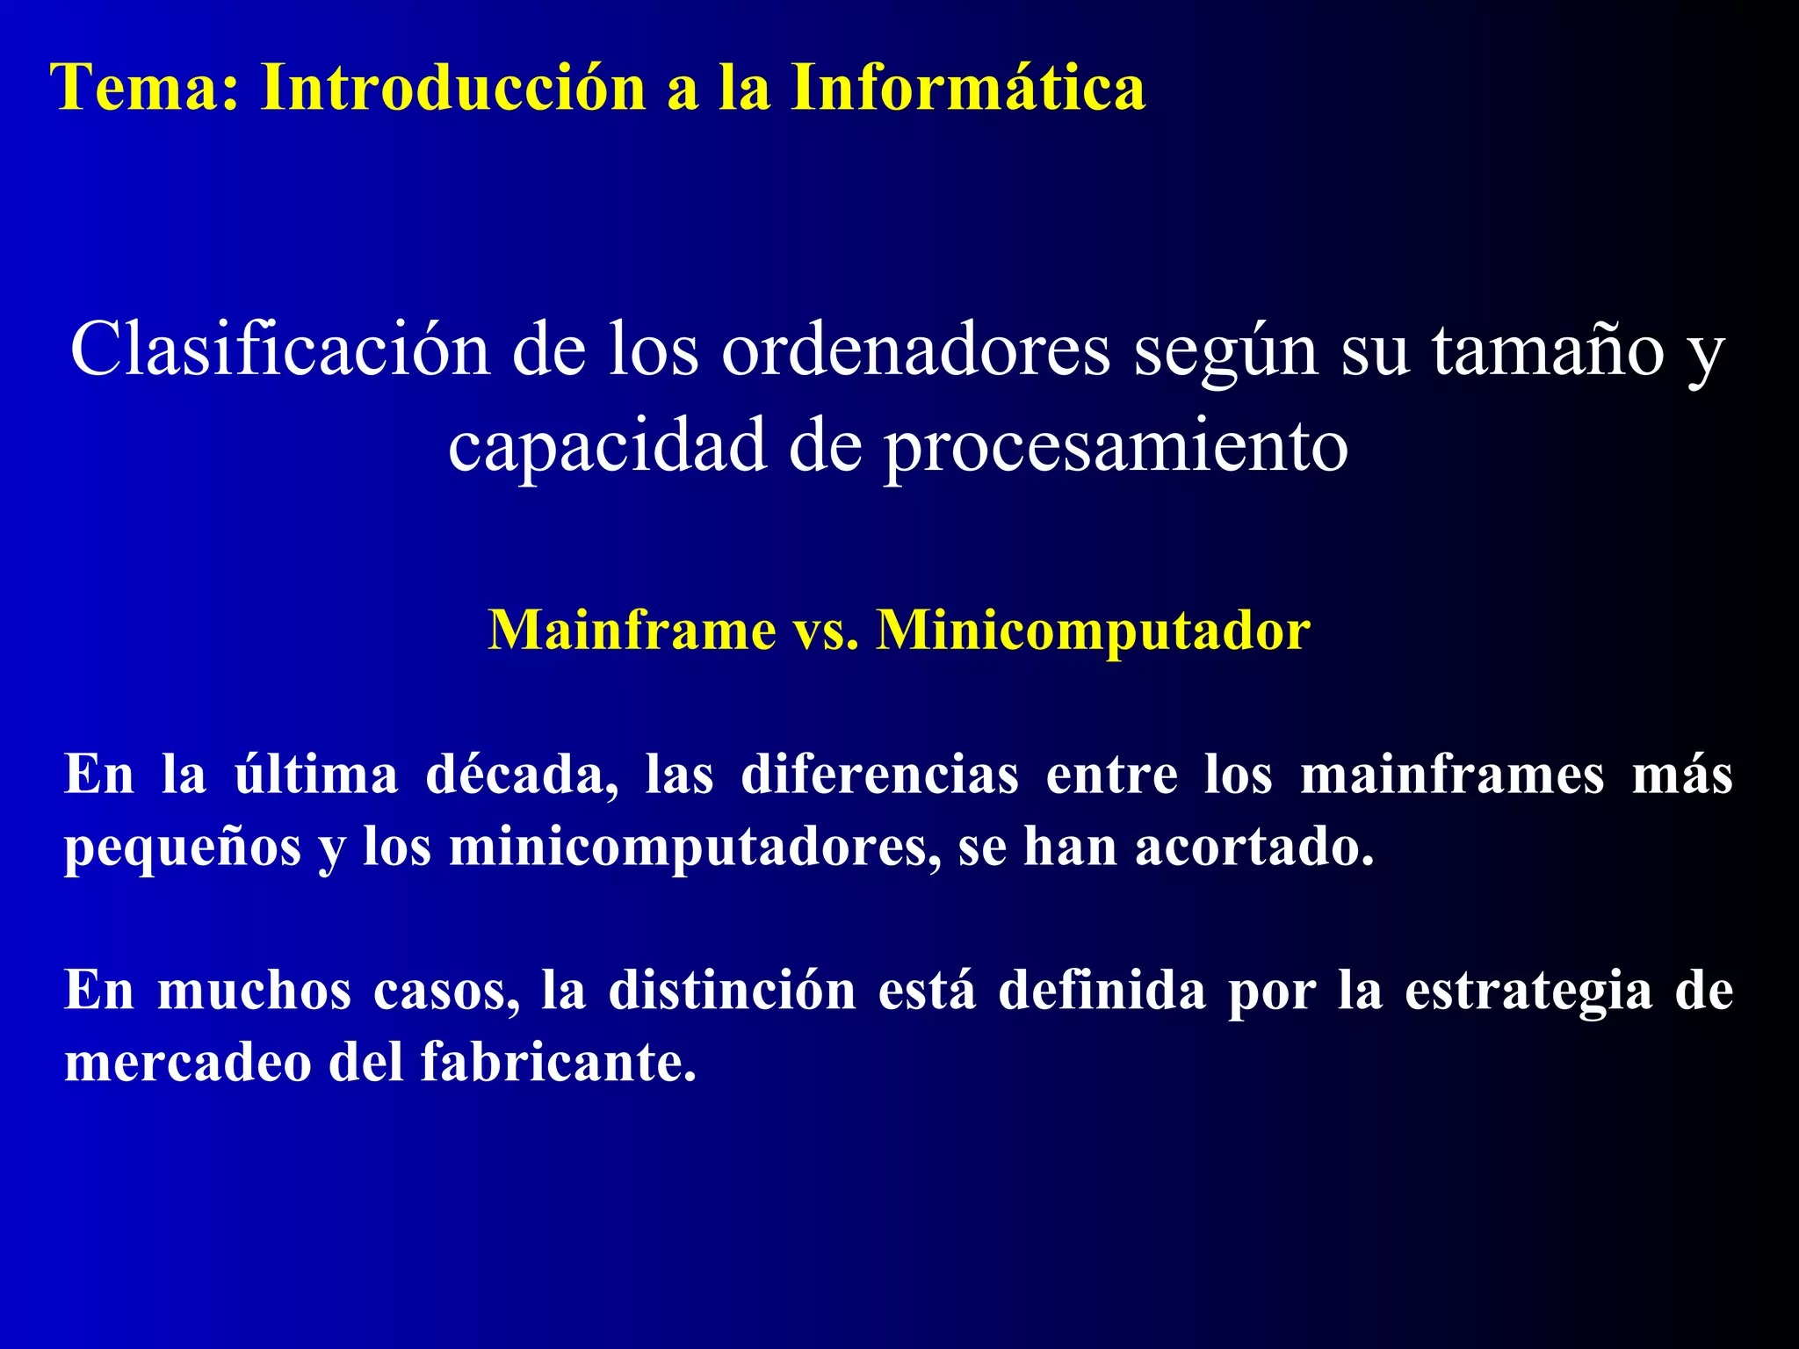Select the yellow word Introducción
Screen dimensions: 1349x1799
[x=453, y=88]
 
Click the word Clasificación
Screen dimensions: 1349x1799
[x=279, y=350]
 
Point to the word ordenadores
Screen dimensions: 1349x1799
[x=916, y=350]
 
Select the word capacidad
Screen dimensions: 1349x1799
[x=607, y=445]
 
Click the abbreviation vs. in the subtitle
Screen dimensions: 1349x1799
[x=827, y=631]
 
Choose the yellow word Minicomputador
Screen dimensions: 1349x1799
[x=1094, y=631]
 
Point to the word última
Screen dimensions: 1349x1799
[x=315, y=775]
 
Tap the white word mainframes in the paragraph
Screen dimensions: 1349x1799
[x=1452, y=775]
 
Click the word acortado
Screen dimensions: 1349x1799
[x=1254, y=847]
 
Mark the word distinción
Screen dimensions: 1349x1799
[x=732, y=991]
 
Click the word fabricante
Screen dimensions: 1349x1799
[x=558, y=1063]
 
